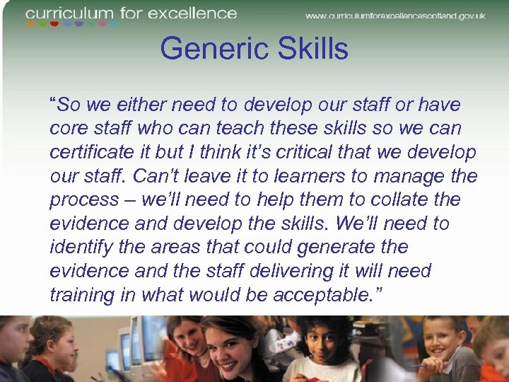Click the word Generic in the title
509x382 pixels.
(205, 50)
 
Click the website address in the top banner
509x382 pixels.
(395, 16)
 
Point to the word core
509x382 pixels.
(66, 129)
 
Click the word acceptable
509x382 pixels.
(326, 295)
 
